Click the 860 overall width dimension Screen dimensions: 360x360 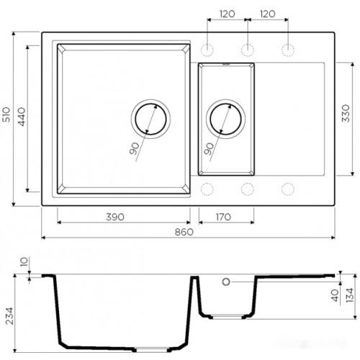(x=184, y=232)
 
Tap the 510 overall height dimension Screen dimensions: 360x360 (x=6, y=114)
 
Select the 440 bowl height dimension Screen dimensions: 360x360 (x=22, y=117)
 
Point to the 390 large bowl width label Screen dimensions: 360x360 (x=115, y=217)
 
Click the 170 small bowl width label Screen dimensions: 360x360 (x=223, y=217)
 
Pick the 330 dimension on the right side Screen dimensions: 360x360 (x=346, y=113)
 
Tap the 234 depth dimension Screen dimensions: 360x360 (x=9, y=316)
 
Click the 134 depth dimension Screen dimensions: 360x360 (x=349, y=295)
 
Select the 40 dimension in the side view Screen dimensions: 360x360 (x=336, y=295)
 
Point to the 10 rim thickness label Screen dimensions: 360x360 (x=25, y=263)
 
